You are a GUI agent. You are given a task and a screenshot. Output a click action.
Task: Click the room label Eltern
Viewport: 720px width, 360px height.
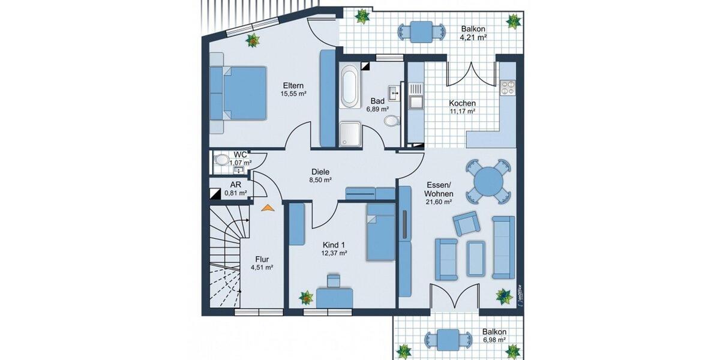[293, 85]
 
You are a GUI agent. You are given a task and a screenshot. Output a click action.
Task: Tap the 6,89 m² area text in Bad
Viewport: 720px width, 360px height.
[377, 109]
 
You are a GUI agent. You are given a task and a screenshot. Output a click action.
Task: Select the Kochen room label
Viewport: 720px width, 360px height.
[462, 103]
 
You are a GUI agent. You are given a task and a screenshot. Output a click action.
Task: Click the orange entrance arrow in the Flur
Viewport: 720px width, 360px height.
[267, 208]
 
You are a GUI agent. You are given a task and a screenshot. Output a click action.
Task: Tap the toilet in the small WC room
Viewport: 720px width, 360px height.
[222, 160]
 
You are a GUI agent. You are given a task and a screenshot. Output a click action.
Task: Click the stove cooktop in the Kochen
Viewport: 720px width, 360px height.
[508, 88]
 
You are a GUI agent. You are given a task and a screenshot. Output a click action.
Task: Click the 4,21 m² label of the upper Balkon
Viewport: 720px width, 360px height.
[473, 37]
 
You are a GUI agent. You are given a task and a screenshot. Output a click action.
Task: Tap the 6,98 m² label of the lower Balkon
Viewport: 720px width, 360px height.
[493, 340]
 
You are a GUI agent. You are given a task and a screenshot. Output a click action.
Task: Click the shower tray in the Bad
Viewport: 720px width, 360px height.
[349, 134]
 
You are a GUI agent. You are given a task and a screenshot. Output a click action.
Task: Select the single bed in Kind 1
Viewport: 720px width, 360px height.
[380, 231]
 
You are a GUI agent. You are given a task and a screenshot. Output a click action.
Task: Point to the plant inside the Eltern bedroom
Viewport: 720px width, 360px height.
[253, 41]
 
